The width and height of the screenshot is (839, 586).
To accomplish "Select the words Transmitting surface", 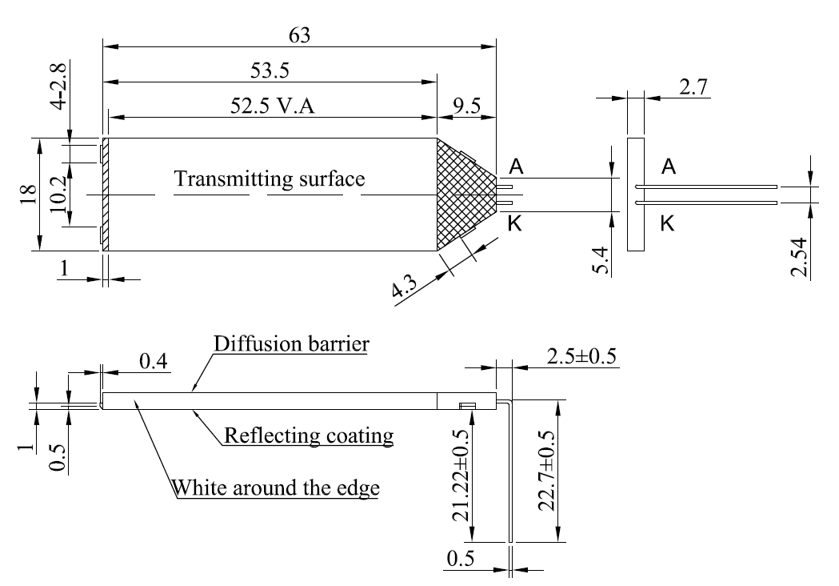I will (270, 179).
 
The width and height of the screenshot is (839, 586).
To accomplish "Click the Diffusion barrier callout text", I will (291, 345).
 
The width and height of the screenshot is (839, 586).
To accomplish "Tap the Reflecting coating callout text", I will (310, 436).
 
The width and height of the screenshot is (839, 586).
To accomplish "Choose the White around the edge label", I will (276, 488).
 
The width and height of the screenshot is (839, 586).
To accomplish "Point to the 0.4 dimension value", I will (152, 363).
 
